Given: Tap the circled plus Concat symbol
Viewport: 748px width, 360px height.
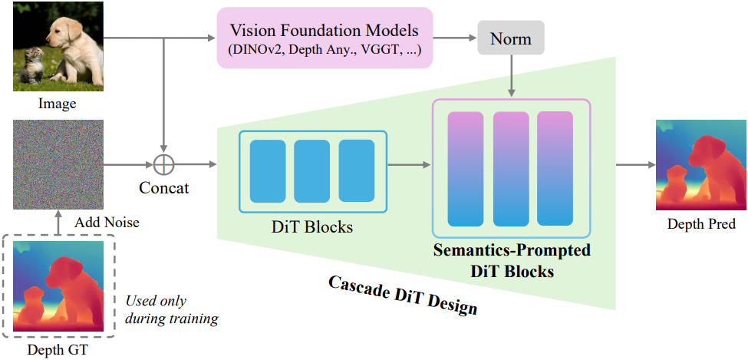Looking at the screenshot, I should click(x=163, y=163).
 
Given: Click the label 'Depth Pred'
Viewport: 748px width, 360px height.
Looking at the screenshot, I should click(x=700, y=224).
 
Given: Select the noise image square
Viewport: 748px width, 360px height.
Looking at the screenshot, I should click(x=58, y=163).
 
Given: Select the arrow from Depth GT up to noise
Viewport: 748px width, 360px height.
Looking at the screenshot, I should click(x=58, y=225).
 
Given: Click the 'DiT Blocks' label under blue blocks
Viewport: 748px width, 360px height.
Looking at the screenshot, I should click(x=312, y=227).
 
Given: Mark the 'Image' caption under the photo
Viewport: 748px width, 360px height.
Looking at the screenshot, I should click(x=58, y=104).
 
